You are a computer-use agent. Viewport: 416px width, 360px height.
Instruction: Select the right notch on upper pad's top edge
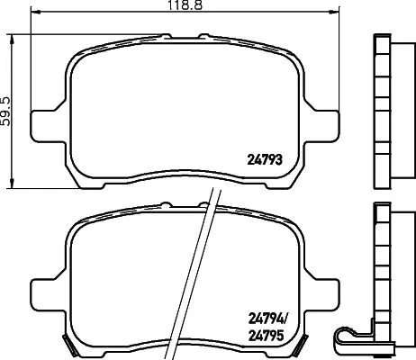[x=203, y=36]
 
